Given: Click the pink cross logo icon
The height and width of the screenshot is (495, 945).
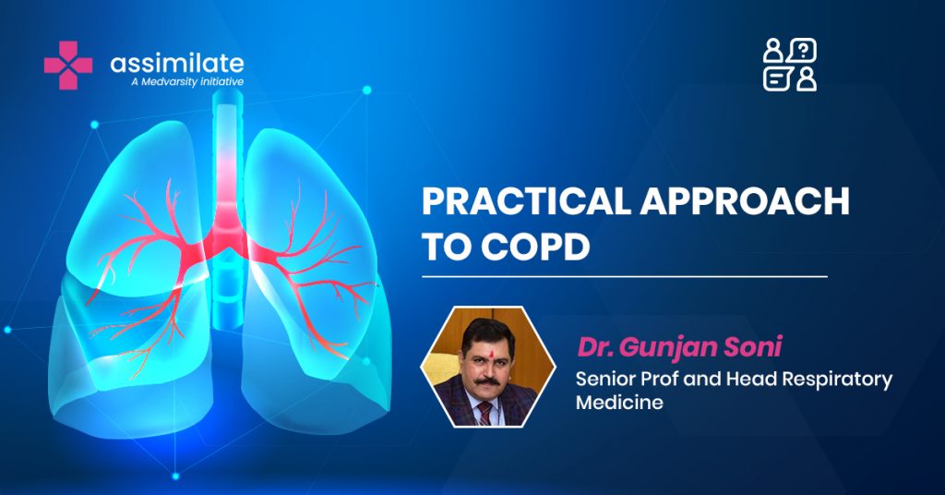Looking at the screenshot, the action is pyautogui.click(x=68, y=66).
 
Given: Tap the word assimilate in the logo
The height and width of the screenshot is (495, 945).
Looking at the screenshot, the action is pyautogui.click(x=177, y=63).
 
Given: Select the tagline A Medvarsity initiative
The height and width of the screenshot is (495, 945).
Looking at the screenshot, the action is pyautogui.click(x=187, y=81).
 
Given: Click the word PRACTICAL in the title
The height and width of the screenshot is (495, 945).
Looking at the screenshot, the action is pyautogui.click(x=526, y=201).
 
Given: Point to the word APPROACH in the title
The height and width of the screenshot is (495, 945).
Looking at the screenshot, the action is pyautogui.click(x=745, y=201).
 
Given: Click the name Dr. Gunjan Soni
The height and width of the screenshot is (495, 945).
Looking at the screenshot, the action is pyautogui.click(x=680, y=346).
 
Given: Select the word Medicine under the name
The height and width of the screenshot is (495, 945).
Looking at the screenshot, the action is pyautogui.click(x=619, y=402).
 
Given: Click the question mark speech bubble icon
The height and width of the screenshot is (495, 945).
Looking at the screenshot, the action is pyautogui.click(x=801, y=50).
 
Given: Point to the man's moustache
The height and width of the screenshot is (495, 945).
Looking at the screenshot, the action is pyautogui.click(x=487, y=381).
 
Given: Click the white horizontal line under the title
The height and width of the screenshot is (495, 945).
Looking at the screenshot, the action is pyautogui.click(x=625, y=277).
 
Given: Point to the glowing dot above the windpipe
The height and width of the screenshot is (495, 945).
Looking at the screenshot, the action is pyautogui.click(x=366, y=91).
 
